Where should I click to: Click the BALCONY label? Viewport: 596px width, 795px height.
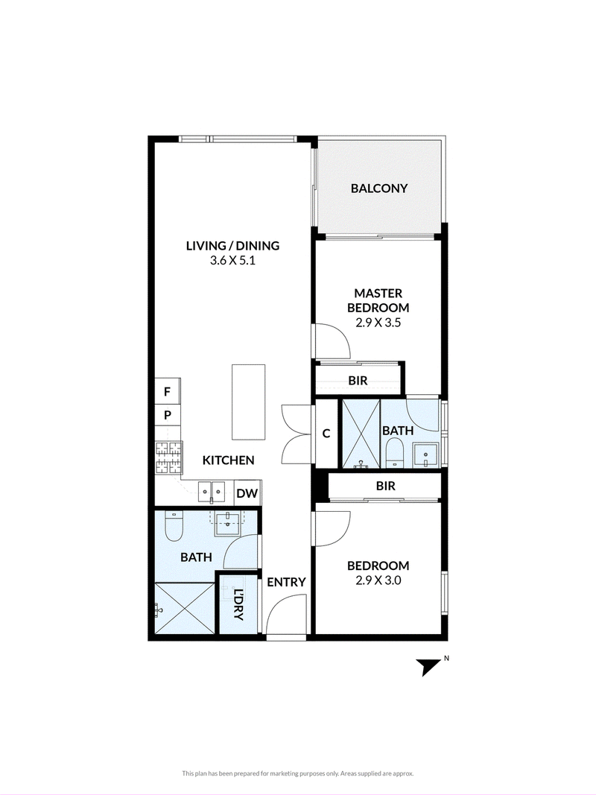click(x=379, y=189)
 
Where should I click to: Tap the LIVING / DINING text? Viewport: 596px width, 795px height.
click(x=232, y=246)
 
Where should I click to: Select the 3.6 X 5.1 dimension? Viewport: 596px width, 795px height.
click(x=232, y=261)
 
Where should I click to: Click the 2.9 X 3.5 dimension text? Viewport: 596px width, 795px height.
click(x=378, y=323)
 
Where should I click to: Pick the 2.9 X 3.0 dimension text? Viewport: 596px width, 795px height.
click(x=378, y=580)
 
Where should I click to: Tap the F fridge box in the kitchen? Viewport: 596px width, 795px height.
click(x=167, y=391)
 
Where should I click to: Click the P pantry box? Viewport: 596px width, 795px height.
click(x=167, y=415)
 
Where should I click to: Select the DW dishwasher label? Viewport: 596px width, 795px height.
click(x=247, y=493)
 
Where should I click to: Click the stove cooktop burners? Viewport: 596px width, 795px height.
click(x=168, y=457)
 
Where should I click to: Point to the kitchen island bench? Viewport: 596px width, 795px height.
click(x=249, y=402)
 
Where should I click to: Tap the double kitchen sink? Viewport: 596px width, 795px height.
click(x=212, y=491)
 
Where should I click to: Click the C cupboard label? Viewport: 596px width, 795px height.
click(x=326, y=434)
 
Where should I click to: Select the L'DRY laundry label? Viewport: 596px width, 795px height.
click(x=238, y=605)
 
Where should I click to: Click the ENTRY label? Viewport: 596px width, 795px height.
click(x=286, y=582)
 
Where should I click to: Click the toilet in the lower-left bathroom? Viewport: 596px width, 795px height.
click(x=174, y=527)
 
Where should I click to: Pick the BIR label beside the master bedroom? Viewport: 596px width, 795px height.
click(x=358, y=380)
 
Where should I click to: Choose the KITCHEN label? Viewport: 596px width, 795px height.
click(x=228, y=460)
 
